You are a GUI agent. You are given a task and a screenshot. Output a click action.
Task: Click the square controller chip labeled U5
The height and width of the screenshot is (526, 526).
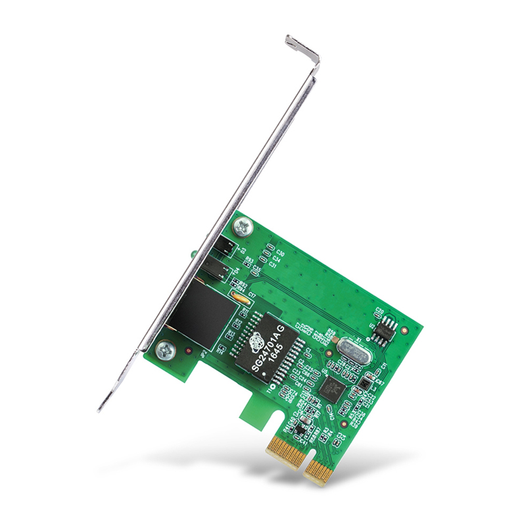point(333,389)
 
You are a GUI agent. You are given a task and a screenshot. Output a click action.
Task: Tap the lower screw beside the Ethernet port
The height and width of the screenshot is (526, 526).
point(166,350)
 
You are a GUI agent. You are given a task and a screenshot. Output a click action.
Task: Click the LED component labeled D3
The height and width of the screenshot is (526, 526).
point(224,248)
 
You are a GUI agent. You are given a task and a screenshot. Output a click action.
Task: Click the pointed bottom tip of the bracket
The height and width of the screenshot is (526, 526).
point(101,409)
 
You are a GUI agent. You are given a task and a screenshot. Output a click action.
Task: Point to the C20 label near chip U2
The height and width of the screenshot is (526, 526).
point(379,308)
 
